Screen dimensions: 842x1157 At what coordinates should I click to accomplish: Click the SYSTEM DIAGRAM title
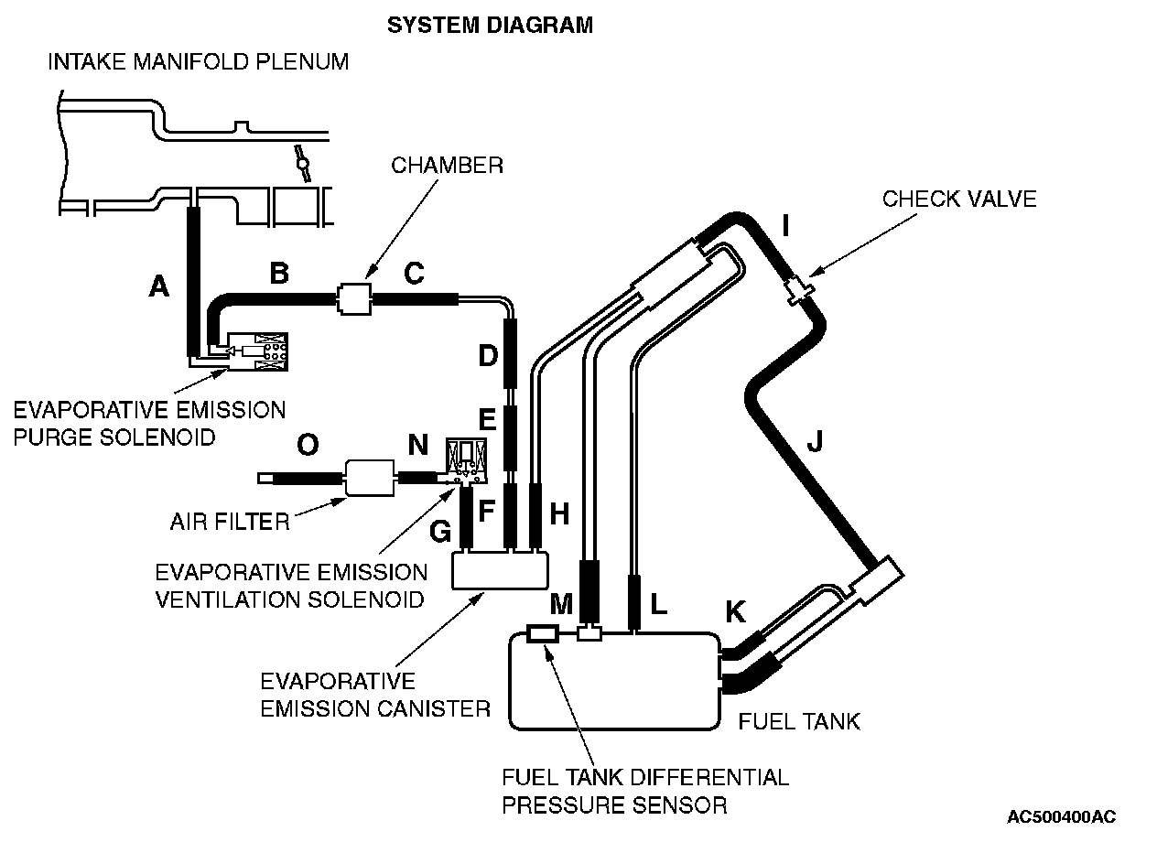pyautogui.click(x=490, y=25)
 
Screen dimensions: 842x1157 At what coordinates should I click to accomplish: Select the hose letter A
pyautogui.click(x=159, y=287)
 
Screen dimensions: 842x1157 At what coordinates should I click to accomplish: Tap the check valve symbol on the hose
pyautogui.click(x=799, y=288)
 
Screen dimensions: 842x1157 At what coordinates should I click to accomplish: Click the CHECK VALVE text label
pyautogui.click(x=959, y=199)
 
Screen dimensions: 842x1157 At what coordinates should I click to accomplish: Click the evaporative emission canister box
pyautogui.click(x=500, y=572)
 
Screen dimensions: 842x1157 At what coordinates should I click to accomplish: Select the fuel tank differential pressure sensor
pyautogui.click(x=544, y=632)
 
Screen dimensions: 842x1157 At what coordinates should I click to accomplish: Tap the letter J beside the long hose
pyautogui.click(x=815, y=442)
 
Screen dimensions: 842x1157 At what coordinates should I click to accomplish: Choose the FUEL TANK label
pyautogui.click(x=799, y=721)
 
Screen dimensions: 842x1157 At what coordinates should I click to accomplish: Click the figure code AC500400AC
pyautogui.click(x=1062, y=816)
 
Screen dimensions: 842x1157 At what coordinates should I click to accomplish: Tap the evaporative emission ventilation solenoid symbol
pyautogui.click(x=466, y=461)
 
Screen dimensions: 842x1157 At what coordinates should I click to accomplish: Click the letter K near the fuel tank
pyautogui.click(x=736, y=612)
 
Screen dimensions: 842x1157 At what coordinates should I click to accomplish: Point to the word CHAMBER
pyautogui.click(x=447, y=166)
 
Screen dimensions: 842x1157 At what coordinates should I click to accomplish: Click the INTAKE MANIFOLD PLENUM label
pyautogui.click(x=199, y=62)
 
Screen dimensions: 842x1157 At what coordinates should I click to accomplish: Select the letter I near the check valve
pyautogui.click(x=784, y=223)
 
